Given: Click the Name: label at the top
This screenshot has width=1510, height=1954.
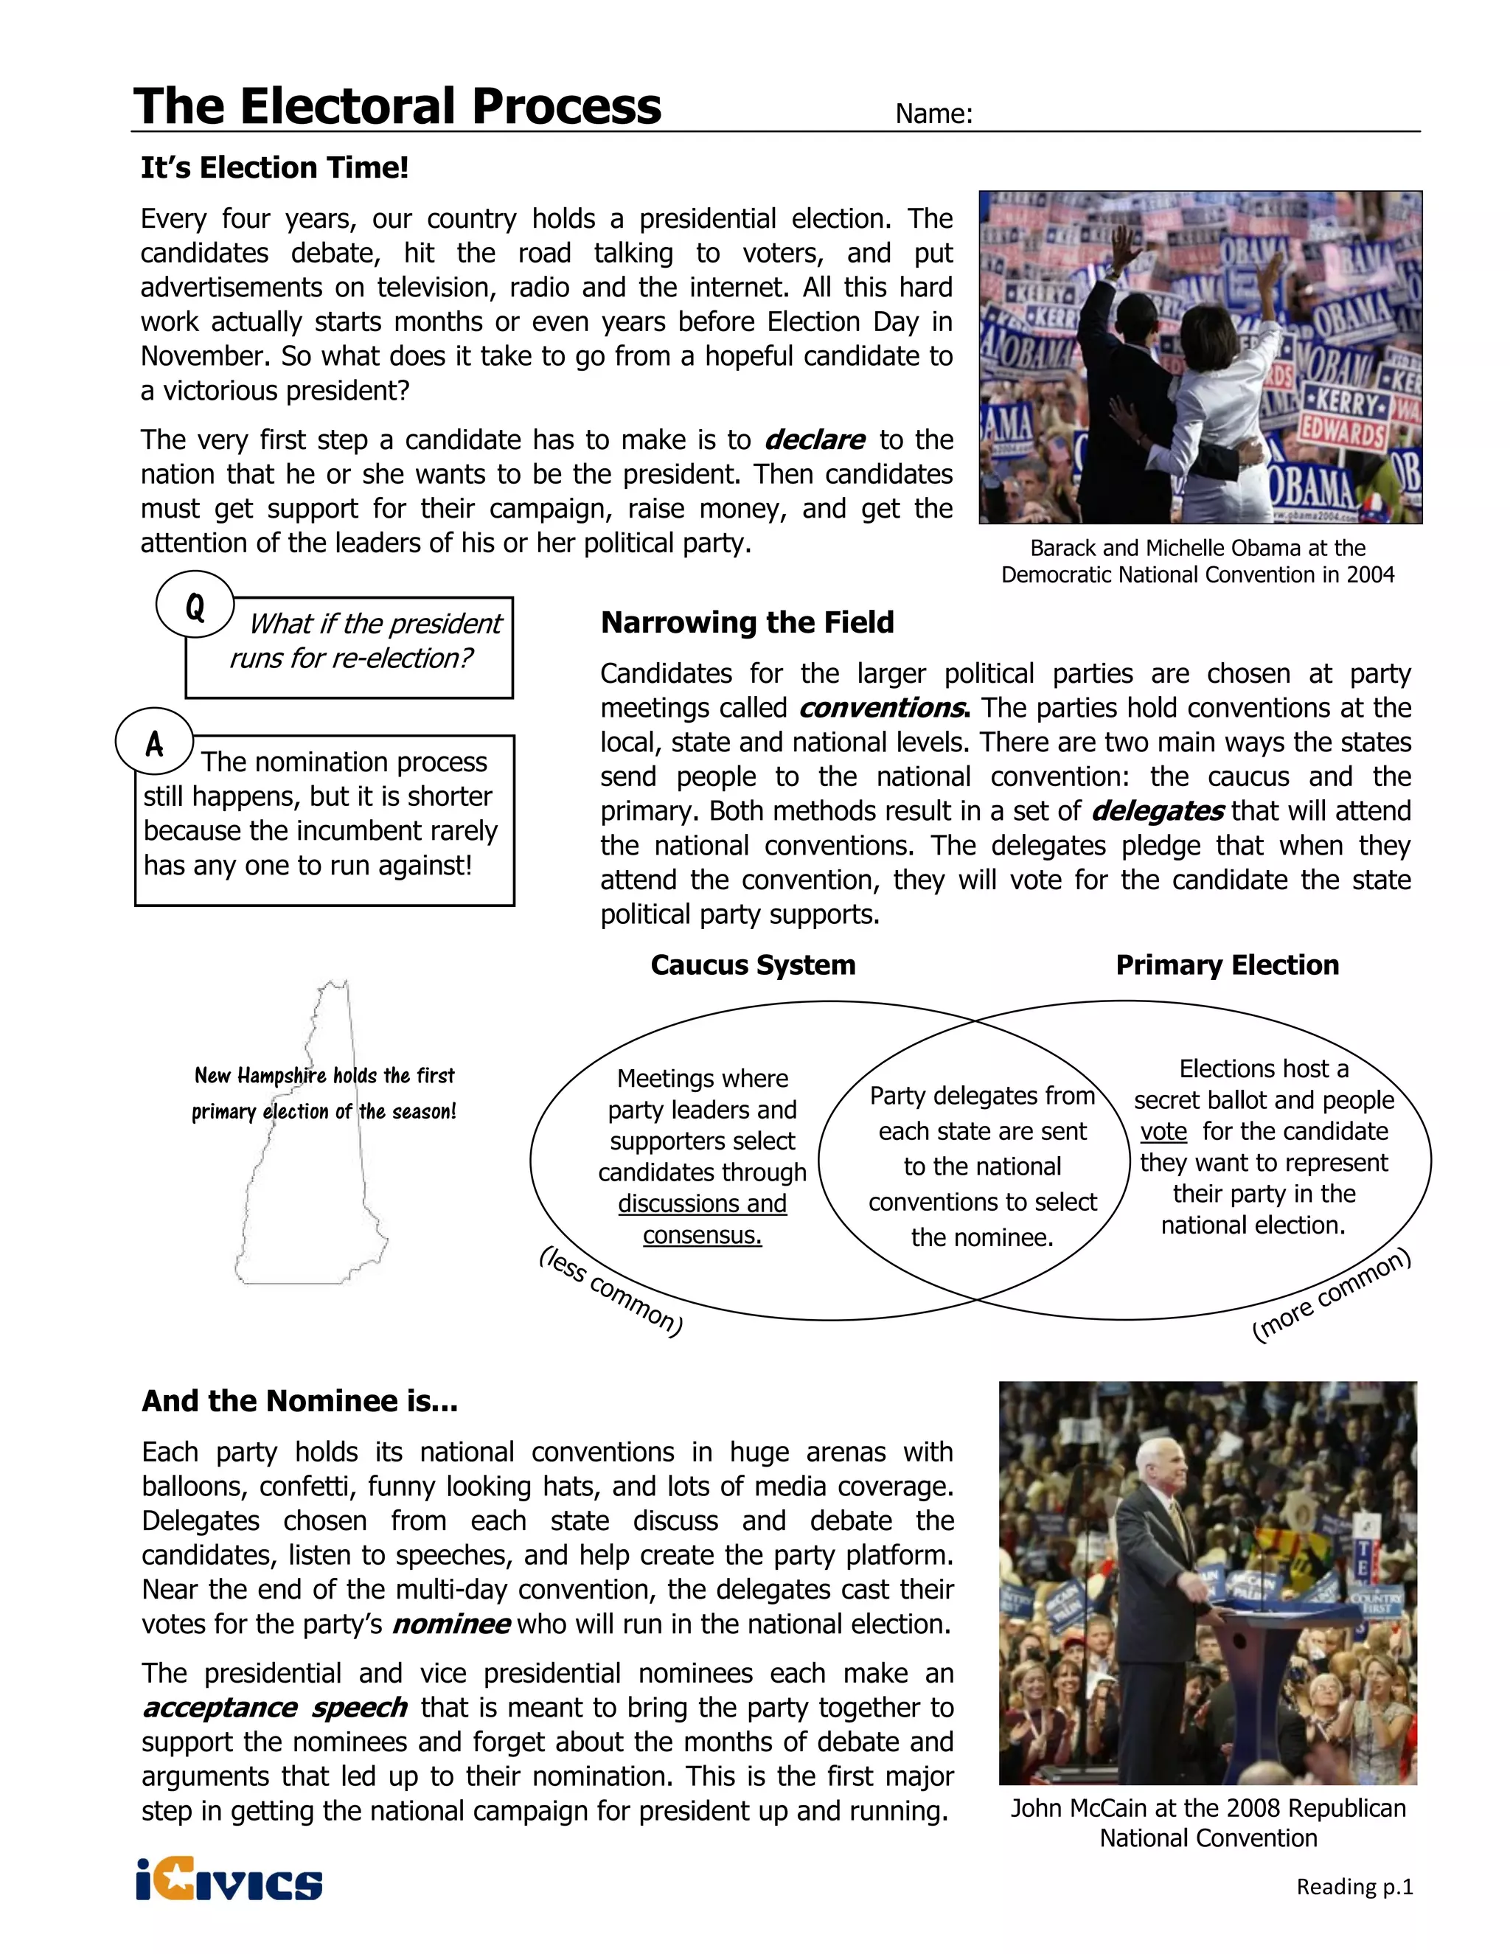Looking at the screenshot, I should (933, 114).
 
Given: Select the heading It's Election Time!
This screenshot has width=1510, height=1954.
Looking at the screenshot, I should (274, 167).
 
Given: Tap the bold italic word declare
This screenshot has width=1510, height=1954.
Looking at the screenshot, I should (814, 440).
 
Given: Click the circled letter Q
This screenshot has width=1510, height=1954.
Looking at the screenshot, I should (195, 607).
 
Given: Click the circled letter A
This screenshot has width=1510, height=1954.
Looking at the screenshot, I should (154, 743).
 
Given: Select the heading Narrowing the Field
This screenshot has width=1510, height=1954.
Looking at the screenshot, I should (747, 623).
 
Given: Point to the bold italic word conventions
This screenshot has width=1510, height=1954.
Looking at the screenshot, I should (882, 709).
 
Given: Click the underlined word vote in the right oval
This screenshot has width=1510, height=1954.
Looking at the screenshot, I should (1163, 1132).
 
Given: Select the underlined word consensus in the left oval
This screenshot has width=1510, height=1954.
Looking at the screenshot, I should (701, 1236).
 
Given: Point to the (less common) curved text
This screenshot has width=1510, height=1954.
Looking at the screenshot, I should (611, 1292).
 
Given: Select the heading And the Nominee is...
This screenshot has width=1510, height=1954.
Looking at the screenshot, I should (299, 1401).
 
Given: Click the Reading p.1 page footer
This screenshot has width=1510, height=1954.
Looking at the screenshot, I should (1354, 1887).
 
